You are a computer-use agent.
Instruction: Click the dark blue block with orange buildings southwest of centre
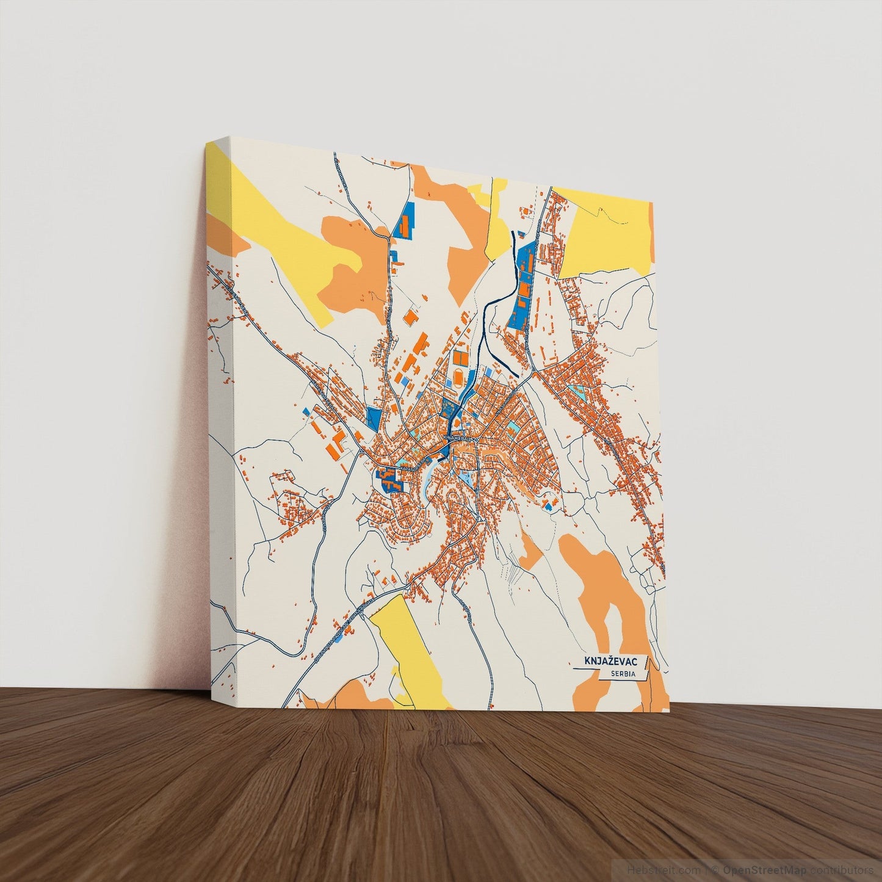pyautogui.click(x=389, y=479)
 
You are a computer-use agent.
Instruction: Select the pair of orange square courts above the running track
pyautogui.click(x=460, y=356)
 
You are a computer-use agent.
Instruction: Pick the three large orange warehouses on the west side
pyautogui.click(x=333, y=439)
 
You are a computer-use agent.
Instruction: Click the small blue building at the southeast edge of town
pyautogui.click(x=548, y=506)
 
